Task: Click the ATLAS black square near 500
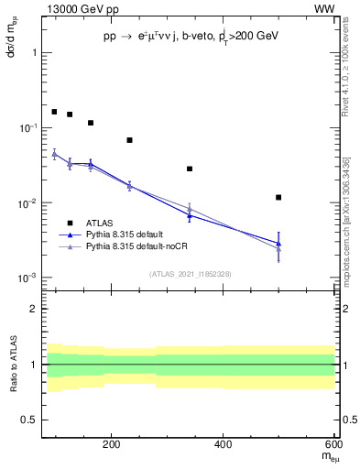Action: pos(278,197)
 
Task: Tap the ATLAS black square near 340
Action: pos(190,169)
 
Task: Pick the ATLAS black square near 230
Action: pos(129,140)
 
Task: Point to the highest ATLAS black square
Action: pos(54,112)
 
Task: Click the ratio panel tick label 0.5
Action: pos(27,420)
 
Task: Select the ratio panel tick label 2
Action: pos(33,309)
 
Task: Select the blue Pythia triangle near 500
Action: pos(278,243)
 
